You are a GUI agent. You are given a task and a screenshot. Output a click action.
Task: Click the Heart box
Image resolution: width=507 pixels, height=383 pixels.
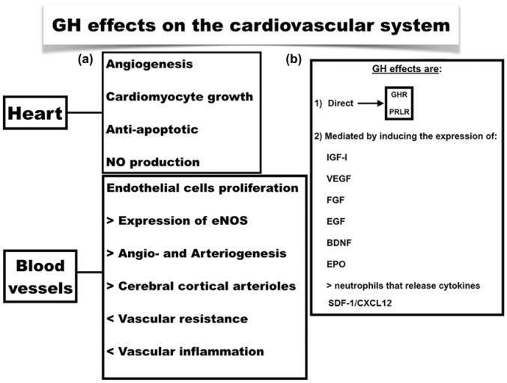tap(35, 112)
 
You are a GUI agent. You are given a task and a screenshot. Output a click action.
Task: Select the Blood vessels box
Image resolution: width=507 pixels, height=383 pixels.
tap(40, 277)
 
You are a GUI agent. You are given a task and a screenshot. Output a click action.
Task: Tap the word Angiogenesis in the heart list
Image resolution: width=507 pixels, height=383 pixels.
tap(149, 64)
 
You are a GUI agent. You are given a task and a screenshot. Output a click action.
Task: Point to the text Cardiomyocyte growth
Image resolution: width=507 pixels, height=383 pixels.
tap(180, 97)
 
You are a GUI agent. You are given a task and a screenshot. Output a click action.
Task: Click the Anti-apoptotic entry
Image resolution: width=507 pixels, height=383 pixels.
tap(152, 130)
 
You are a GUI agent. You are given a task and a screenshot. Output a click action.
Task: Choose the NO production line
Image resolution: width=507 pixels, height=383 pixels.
tap(153, 162)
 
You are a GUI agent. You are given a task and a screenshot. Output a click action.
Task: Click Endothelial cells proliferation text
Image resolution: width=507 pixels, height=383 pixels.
tap(202, 188)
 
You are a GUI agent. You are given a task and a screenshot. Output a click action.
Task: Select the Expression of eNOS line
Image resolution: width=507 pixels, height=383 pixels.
tap(177, 220)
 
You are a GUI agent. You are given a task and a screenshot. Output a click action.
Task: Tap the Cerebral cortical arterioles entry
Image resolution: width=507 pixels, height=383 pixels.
tap(201, 286)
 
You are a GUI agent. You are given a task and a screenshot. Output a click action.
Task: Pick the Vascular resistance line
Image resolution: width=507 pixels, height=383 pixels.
tap(177, 319)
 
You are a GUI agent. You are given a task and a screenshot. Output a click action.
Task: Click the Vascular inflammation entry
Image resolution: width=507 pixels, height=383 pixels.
tap(185, 352)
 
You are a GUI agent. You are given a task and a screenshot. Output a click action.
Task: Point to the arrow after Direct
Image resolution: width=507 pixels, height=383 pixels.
tap(371, 103)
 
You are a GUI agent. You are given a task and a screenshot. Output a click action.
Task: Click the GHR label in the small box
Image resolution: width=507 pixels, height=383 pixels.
tap(399, 94)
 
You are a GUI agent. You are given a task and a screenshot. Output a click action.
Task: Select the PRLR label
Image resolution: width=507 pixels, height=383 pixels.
tap(399, 112)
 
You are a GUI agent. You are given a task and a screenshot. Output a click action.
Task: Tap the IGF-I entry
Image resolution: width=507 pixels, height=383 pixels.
tap(337, 157)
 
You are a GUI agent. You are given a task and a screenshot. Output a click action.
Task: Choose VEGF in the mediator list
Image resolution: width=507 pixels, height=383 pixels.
tap(338, 179)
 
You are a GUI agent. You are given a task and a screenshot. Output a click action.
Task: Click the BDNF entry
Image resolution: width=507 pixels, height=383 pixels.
tap(338, 243)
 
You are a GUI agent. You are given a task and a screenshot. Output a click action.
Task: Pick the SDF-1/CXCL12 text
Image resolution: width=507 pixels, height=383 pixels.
tap(360, 303)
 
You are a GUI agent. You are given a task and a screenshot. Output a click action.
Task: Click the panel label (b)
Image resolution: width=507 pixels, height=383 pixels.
tap(294, 59)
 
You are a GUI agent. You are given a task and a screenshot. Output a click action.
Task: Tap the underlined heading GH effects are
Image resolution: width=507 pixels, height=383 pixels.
tap(407, 69)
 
